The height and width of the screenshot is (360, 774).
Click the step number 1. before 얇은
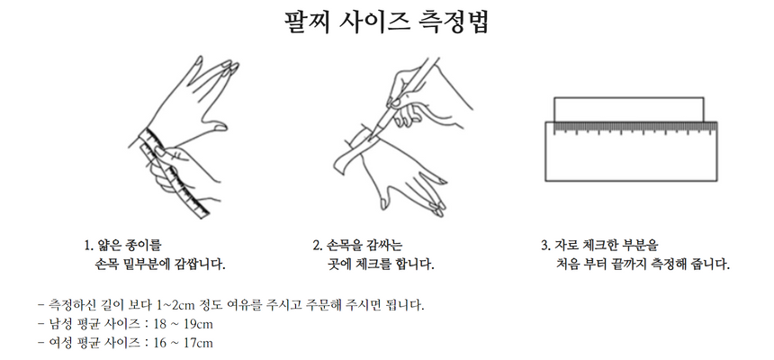pos(89,246)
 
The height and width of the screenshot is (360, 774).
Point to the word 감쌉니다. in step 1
pos(200,265)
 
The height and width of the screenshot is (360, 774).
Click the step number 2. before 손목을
pos(318,246)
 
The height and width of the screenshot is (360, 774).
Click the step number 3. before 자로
pos(545,246)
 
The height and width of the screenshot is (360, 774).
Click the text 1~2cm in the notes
pos(175,305)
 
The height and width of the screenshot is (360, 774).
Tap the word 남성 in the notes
pos(60,324)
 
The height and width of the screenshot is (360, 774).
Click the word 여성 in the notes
pos(60,343)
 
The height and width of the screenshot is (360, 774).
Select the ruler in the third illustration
pos(631,151)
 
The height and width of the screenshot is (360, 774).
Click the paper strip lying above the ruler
pos(629,110)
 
